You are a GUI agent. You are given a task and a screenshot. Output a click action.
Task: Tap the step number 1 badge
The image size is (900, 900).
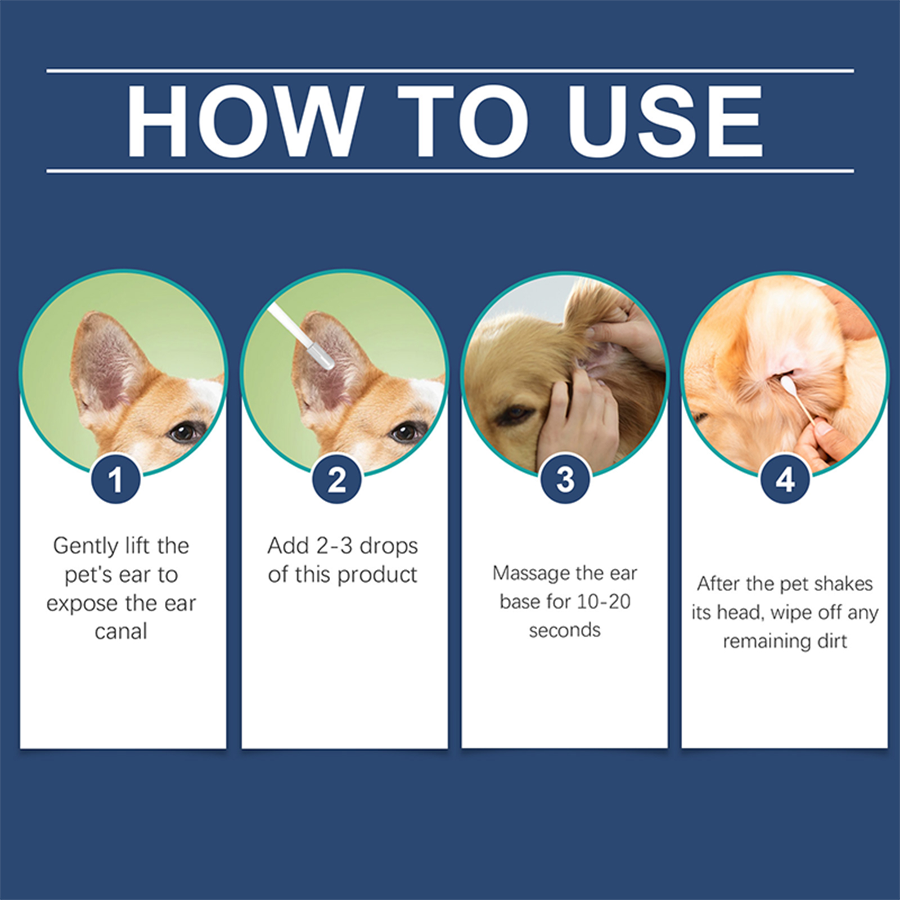click(x=116, y=479)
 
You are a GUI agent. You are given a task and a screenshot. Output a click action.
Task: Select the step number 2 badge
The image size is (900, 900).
click(x=337, y=479)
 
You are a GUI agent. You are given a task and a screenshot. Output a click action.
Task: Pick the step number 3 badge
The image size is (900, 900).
click(x=565, y=479)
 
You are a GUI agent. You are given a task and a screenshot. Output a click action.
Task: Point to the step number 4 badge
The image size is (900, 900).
click(x=785, y=479)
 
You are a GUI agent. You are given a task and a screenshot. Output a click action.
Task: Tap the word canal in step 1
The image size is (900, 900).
click(x=121, y=632)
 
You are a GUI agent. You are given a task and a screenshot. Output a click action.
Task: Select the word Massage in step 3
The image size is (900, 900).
click(x=525, y=573)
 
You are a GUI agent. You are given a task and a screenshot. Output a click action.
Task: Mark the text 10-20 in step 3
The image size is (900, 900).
click(x=604, y=602)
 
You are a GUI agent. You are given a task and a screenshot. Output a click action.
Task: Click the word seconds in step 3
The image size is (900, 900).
click(x=565, y=631)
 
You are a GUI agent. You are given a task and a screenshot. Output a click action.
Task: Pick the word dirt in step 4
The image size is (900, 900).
click(x=832, y=641)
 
